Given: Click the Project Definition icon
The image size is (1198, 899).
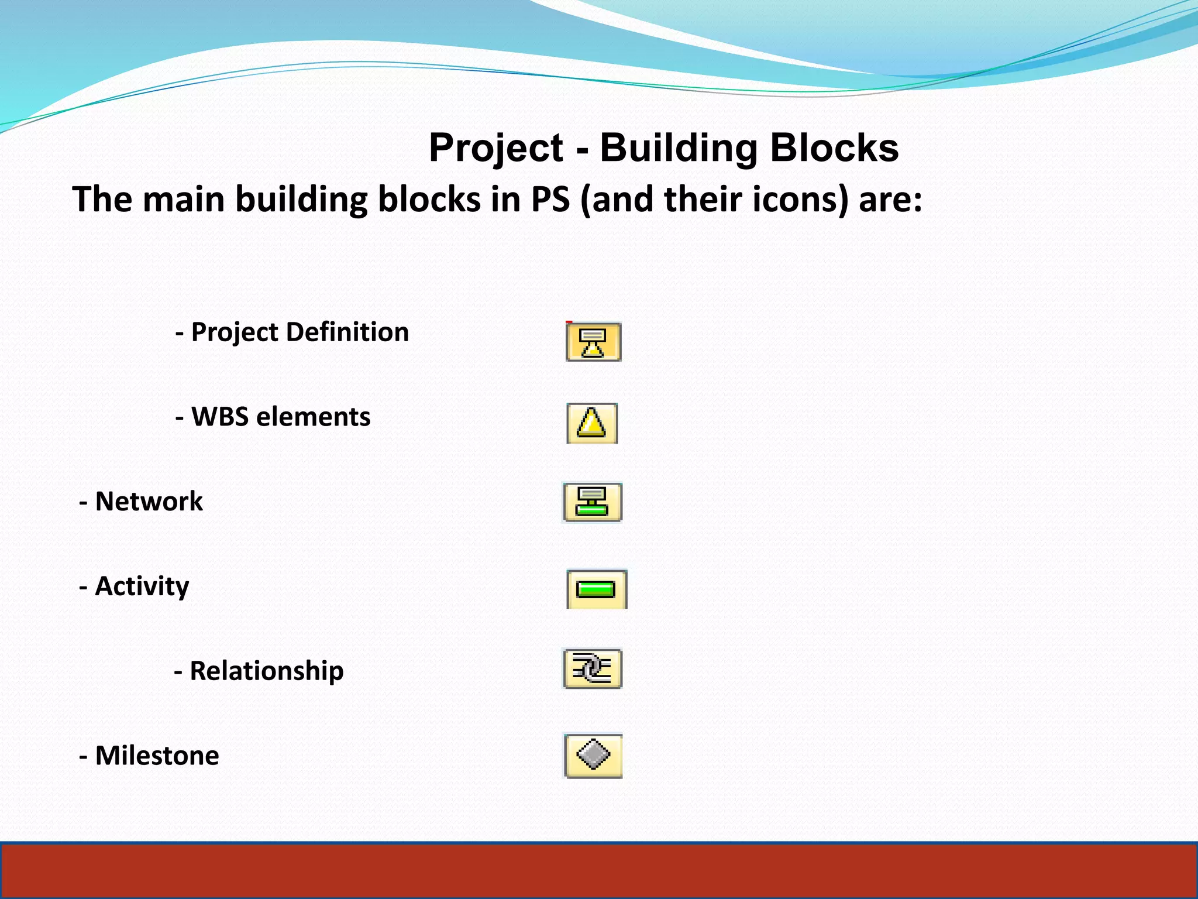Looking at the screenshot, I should [x=593, y=342].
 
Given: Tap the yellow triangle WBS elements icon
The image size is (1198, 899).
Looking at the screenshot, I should [x=592, y=423].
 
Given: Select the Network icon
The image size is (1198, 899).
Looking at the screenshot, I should [x=593, y=502].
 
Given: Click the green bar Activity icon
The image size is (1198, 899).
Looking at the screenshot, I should [x=596, y=589].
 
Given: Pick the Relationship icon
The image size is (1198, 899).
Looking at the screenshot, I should [x=592, y=668].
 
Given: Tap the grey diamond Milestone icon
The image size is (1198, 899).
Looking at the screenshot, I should [x=593, y=755].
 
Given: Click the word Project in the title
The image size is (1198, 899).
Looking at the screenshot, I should [x=496, y=148].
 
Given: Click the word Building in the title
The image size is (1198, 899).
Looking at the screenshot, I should [x=678, y=148].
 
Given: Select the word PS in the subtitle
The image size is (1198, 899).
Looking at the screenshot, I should [x=550, y=200].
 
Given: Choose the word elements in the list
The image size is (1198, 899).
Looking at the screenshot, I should [x=313, y=417].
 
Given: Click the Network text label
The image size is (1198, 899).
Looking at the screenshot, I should [x=149, y=502].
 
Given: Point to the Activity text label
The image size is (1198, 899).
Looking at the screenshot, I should [x=142, y=586].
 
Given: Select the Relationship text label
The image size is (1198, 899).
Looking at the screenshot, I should [x=266, y=671].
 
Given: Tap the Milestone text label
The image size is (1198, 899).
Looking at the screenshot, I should [x=157, y=756].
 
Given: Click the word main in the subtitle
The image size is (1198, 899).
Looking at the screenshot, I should [x=184, y=200].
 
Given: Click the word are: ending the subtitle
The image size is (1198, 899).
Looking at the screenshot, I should [x=890, y=200].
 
